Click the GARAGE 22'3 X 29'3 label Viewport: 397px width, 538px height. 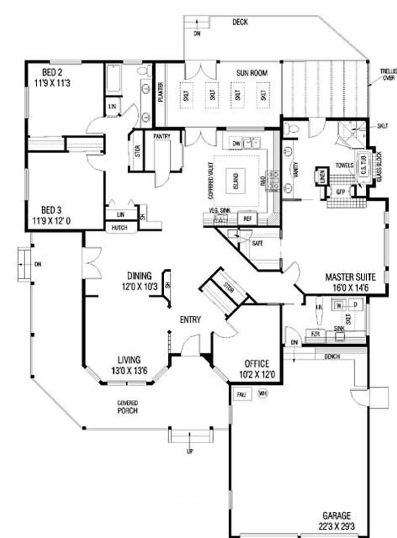click(338, 520)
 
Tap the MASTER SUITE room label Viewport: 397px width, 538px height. click(350, 281)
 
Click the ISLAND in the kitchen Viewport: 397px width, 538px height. click(235, 178)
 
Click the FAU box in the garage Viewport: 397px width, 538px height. click(242, 394)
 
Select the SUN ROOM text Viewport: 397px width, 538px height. click(252, 73)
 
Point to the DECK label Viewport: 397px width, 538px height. click(240, 22)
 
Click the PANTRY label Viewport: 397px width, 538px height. click(162, 136)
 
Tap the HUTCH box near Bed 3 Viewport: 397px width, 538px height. click(120, 228)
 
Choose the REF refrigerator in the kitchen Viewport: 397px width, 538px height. click(246, 218)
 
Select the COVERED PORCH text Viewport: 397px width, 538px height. click(128, 407)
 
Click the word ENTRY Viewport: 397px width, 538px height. click(190, 320)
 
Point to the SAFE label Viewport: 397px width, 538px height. click(257, 243)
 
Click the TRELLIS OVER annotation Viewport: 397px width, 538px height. click(387, 74)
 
